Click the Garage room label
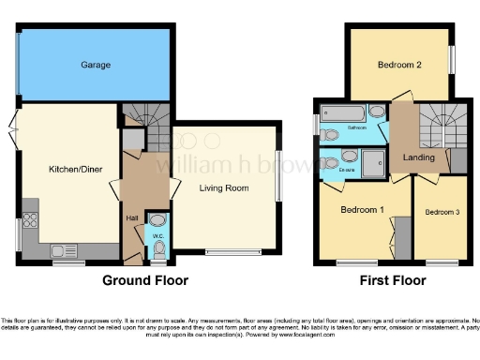pos(95,66)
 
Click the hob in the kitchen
pos(29,222)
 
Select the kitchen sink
pos(64,250)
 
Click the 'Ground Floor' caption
pos(145,280)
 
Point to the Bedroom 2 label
pos(397,66)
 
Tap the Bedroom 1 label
pos(361,209)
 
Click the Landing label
pos(418,158)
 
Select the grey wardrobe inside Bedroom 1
pos(402,235)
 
